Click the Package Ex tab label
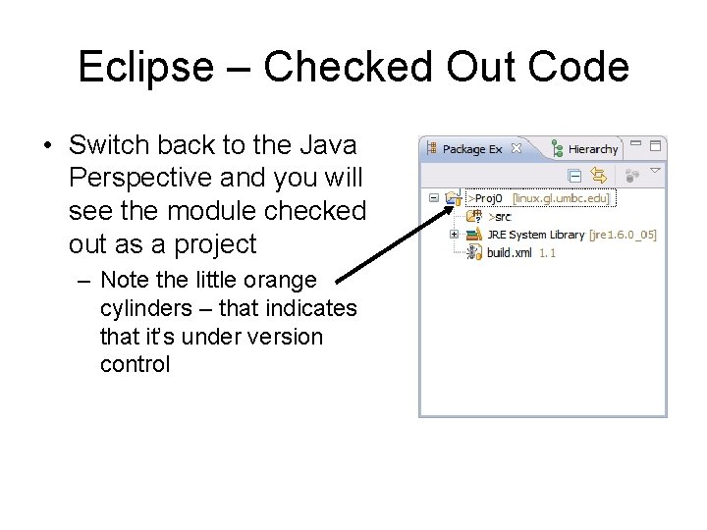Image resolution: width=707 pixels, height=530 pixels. pyautogui.click(x=471, y=149)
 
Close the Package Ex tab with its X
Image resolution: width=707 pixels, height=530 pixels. pyautogui.click(x=517, y=149)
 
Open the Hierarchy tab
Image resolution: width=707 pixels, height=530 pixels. pyautogui.click(x=592, y=149)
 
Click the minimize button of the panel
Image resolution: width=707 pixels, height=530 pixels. pyautogui.click(x=636, y=145)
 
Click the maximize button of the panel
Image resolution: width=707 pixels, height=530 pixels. pyautogui.click(x=656, y=146)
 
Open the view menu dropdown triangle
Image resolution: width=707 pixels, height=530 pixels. pyautogui.click(x=656, y=171)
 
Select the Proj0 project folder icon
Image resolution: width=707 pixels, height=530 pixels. pyautogui.click(x=452, y=198)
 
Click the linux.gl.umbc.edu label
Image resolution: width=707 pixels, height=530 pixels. pyautogui.click(x=561, y=198)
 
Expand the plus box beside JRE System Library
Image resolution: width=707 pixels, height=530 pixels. pyautogui.click(x=454, y=235)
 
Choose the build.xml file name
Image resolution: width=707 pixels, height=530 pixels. pyautogui.click(x=509, y=252)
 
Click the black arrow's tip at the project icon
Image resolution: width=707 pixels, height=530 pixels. pyautogui.click(x=462, y=200)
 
